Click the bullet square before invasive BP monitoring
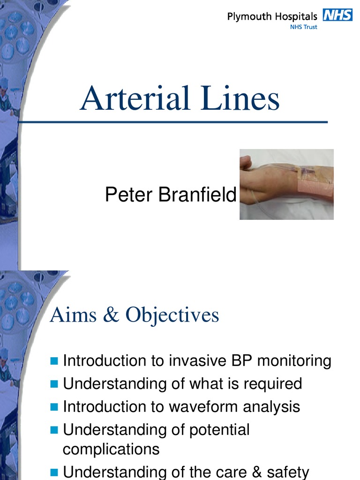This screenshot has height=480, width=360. [54, 361]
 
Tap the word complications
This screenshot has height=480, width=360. [111, 449]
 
